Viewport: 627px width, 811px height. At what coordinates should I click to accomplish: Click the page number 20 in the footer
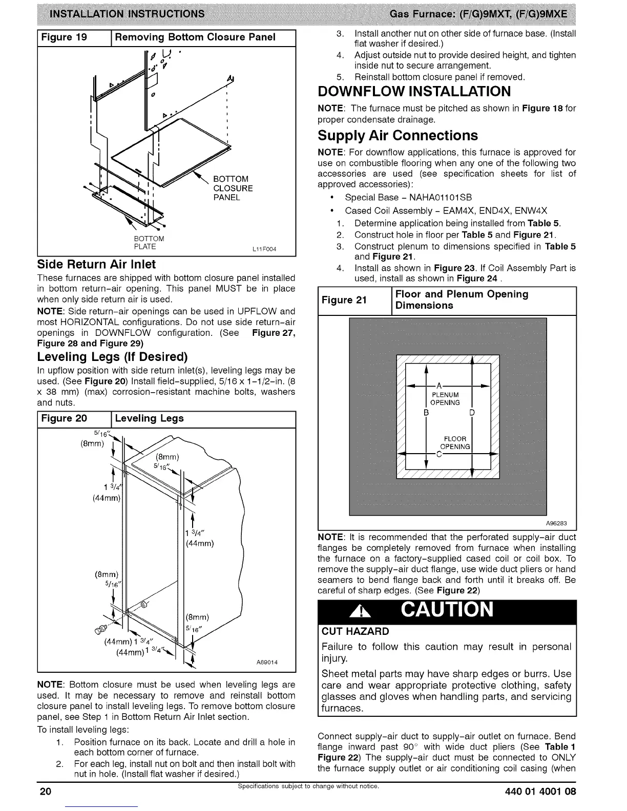pos(46,792)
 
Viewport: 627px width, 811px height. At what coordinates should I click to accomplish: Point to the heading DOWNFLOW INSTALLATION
pos(414,92)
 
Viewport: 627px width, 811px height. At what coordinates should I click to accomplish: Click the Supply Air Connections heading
pos(398,136)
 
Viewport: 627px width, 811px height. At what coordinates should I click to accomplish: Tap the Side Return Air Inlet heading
pos(96,265)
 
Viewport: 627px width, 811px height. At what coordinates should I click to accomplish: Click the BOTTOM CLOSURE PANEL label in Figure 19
pos(233,188)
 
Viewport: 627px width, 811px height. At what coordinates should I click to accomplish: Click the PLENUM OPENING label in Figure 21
pos(445,398)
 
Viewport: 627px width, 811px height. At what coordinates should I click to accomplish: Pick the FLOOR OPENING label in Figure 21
pos(455,443)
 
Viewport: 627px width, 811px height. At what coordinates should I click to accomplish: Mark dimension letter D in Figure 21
pos(472,413)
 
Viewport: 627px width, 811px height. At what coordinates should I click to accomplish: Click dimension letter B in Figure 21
pos(425,413)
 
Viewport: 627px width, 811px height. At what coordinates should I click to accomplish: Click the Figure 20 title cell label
pos(64,418)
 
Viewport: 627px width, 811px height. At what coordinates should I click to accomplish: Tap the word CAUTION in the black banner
pos(447,610)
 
